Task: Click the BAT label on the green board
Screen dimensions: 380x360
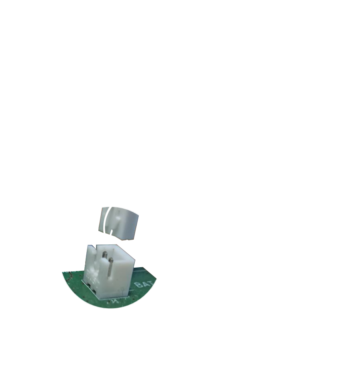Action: point(143,285)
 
